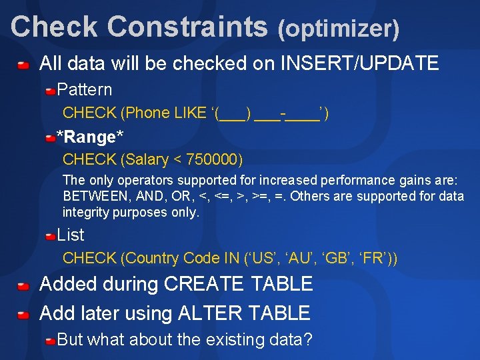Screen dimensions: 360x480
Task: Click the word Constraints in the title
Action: coord(187,27)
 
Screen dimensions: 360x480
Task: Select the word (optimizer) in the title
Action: coord(339,28)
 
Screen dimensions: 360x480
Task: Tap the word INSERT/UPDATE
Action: coord(359,64)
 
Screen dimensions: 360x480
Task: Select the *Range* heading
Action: coord(90,137)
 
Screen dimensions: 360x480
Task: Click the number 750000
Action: coord(213,160)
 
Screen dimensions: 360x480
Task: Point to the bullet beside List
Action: coord(51,235)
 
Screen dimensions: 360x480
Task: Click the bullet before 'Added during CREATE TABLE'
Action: coord(23,285)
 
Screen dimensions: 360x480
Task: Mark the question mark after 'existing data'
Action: coord(307,339)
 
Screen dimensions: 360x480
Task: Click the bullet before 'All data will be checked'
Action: coord(23,65)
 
